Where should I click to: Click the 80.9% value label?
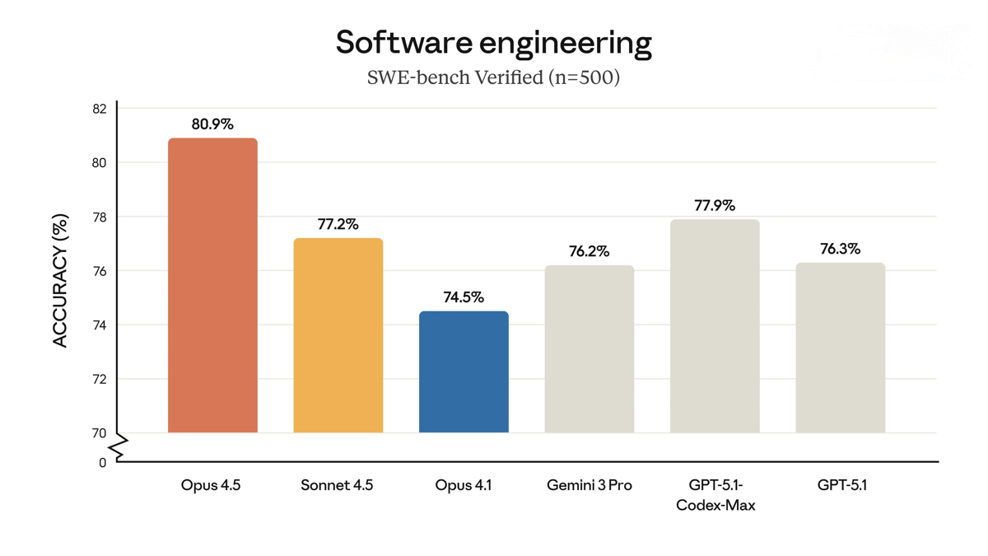[212, 124]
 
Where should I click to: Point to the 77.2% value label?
[338, 224]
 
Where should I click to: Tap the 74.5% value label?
[464, 297]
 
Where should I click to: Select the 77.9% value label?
[715, 205]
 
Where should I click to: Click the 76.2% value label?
[590, 251]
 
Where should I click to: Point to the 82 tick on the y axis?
[99, 109]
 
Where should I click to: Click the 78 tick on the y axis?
[99, 217]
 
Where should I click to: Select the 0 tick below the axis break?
[102, 463]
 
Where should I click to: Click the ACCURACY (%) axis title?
[60, 281]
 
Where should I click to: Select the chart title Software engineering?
[493, 42]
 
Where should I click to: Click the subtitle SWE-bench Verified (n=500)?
[493, 77]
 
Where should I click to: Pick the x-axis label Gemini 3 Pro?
[590, 485]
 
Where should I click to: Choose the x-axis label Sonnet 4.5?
[337, 485]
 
